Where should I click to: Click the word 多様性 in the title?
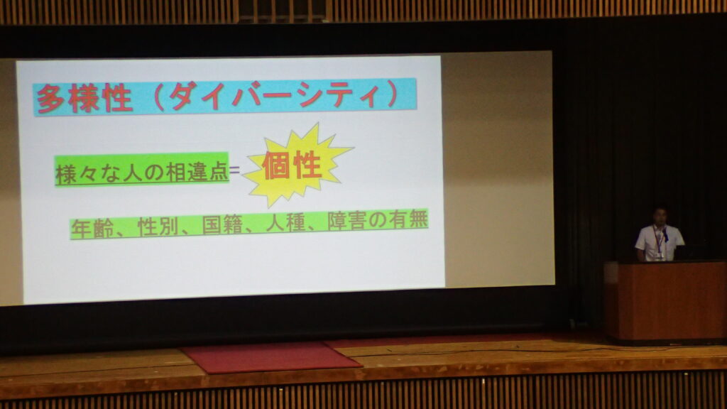pyautogui.click(x=84, y=98)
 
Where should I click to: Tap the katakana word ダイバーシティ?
pyautogui.click(x=276, y=96)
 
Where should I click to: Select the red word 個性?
pyautogui.click(x=292, y=165)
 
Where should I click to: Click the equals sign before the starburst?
pyautogui.click(x=235, y=170)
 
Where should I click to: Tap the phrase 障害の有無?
pyautogui.click(x=378, y=220)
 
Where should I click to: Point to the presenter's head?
pyautogui.click(x=660, y=217)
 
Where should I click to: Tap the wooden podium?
pyautogui.click(x=665, y=301)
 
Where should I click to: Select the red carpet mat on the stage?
pyautogui.click(x=272, y=357)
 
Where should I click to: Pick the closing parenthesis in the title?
pyautogui.click(x=392, y=94)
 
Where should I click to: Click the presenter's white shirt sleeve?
pyautogui.click(x=642, y=239)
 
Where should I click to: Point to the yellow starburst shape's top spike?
pyautogui.click(x=317, y=124)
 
